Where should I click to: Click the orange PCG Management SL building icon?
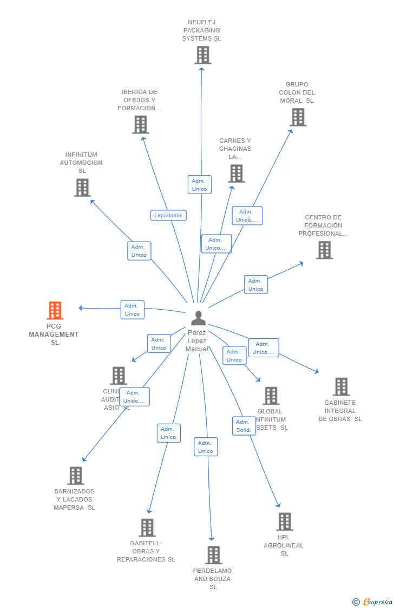(x=55, y=311)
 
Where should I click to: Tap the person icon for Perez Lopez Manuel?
(x=199, y=318)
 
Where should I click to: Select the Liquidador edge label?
(x=168, y=215)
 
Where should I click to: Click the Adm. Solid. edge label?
(x=244, y=426)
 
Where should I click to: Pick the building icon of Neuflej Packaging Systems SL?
(x=202, y=55)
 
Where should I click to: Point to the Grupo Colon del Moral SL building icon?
(x=298, y=117)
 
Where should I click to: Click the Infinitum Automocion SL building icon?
(x=82, y=188)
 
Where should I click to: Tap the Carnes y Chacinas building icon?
(x=236, y=173)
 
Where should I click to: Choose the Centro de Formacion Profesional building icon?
(x=324, y=250)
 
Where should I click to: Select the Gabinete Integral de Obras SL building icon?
(x=341, y=387)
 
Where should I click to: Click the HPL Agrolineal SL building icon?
(x=284, y=522)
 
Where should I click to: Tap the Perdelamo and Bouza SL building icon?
(x=213, y=555)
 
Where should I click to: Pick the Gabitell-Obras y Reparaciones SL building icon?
(x=147, y=527)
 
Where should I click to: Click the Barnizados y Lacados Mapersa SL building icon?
(x=75, y=476)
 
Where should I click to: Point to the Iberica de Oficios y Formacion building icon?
(x=140, y=125)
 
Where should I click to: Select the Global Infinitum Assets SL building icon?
(x=271, y=396)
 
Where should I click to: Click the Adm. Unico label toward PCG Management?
(x=132, y=310)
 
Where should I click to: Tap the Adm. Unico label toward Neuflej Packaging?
(x=199, y=185)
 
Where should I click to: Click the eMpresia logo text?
(x=377, y=602)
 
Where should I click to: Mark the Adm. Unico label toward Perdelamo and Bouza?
(x=206, y=447)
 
